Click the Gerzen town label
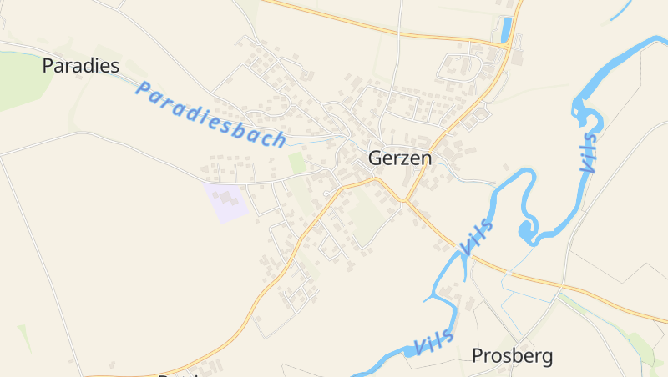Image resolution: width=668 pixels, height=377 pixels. [x=400, y=158]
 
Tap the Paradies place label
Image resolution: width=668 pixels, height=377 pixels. [x=81, y=66]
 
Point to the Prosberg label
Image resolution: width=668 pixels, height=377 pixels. [x=512, y=356]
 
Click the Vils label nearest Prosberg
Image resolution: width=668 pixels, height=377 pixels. [x=434, y=341]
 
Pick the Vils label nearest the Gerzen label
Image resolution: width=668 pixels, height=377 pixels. [x=476, y=236]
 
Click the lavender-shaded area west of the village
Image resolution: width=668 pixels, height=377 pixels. [x=227, y=202]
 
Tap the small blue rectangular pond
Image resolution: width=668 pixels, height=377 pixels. [x=505, y=30]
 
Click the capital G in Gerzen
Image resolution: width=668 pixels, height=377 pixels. [x=376, y=158]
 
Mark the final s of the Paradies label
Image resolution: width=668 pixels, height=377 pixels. [x=114, y=66]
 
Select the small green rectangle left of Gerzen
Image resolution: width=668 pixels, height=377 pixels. [x=297, y=163]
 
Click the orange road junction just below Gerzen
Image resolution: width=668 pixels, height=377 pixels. [x=404, y=200]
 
